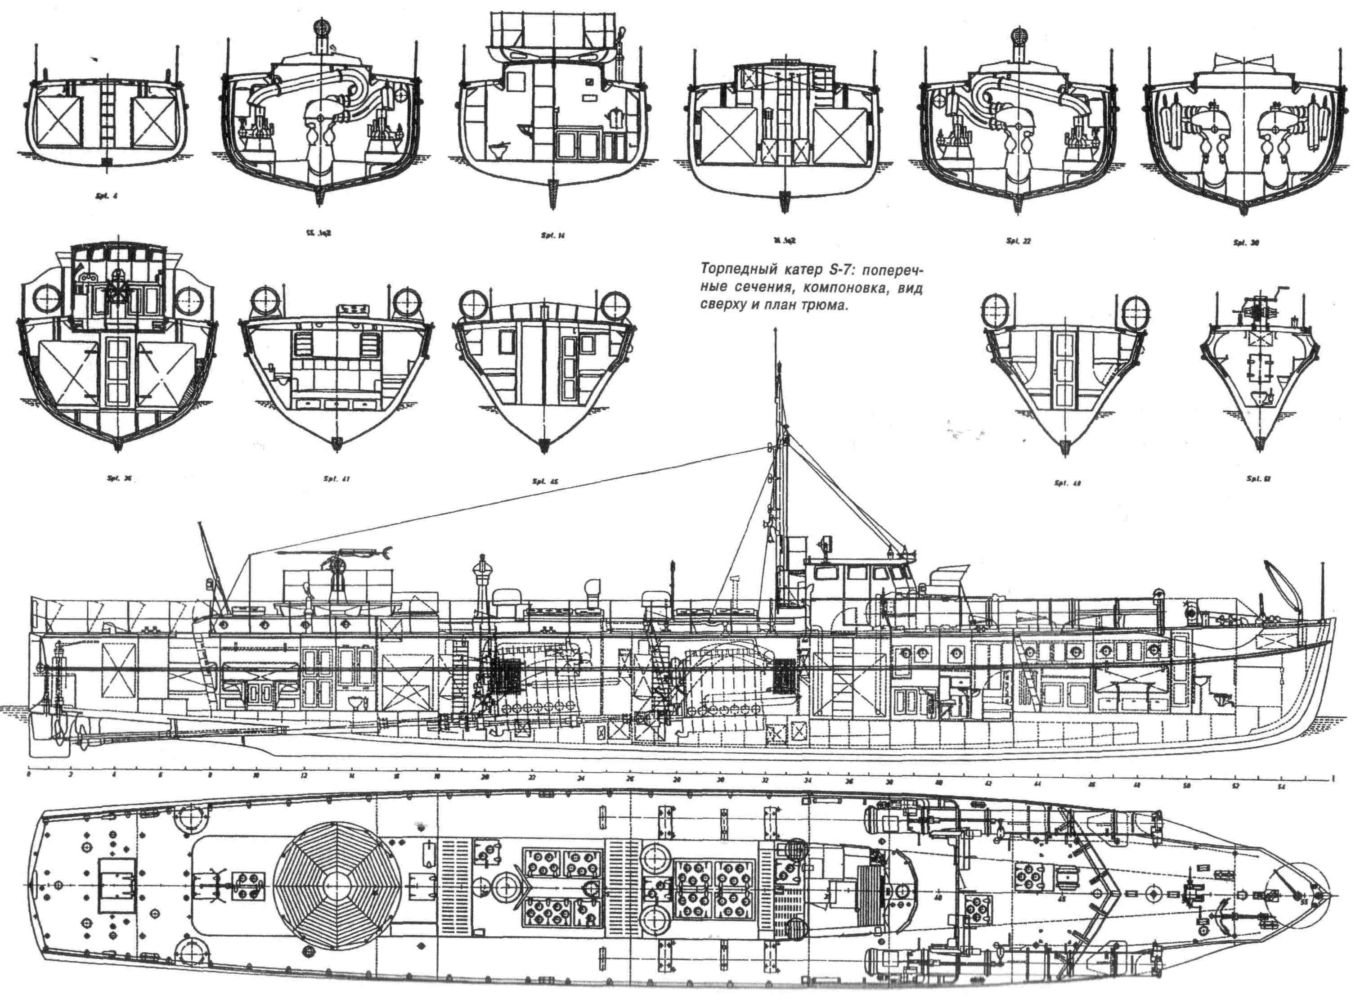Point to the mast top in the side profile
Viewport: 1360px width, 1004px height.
[x=776, y=333]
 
